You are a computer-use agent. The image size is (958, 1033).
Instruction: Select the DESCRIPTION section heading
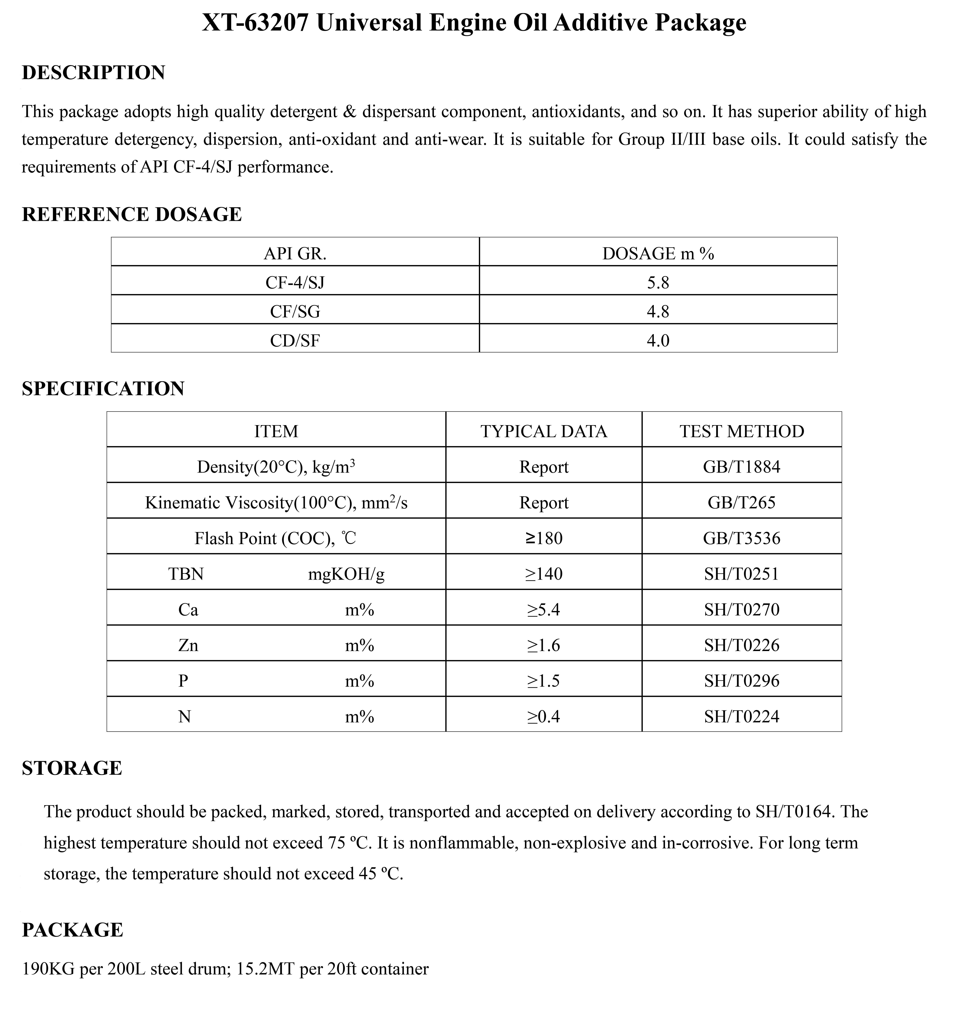(93, 73)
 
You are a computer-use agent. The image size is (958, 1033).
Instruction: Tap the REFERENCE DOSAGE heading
(132, 214)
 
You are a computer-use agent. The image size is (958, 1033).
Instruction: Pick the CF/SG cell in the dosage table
(295, 312)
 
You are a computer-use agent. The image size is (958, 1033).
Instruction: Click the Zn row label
(188, 646)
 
